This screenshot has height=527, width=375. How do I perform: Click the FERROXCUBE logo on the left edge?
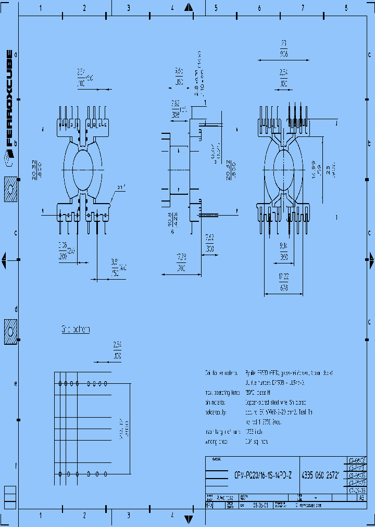coord(9,97)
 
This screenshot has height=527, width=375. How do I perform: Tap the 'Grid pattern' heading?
coord(76,330)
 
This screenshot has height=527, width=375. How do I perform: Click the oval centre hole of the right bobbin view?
coord(284,170)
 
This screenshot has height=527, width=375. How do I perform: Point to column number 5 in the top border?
coord(216,8)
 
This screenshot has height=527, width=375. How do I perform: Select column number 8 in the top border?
coord(346,8)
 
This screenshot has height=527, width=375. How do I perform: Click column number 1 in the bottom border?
coord(41,516)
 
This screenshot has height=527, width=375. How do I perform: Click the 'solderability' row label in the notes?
coord(216,412)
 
